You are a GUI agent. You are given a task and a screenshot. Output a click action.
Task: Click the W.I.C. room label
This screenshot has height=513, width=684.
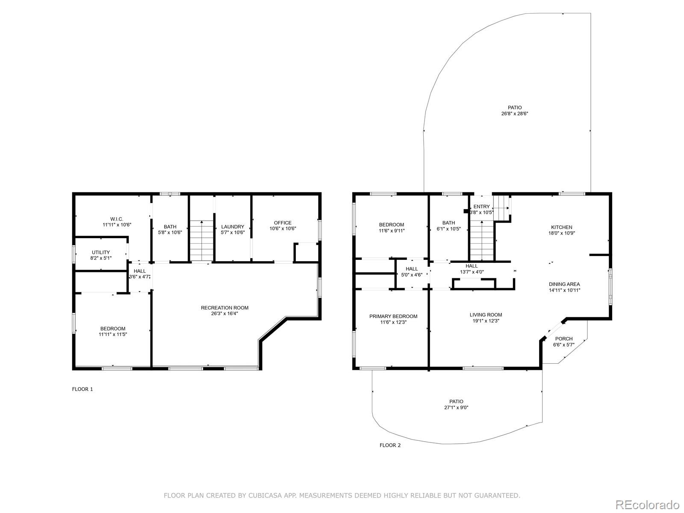(117, 219)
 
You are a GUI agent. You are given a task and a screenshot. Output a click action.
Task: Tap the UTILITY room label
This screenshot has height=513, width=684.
(100, 252)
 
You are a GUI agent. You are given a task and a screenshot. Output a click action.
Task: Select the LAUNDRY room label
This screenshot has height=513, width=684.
(233, 227)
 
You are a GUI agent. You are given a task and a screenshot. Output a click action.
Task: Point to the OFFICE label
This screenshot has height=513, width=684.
(283, 223)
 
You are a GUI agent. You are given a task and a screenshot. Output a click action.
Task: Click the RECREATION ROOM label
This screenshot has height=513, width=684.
(224, 308)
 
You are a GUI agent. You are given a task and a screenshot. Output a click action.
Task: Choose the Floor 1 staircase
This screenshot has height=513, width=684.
(202, 240)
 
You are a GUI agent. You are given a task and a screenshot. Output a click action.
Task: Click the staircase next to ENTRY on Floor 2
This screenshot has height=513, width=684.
(482, 240)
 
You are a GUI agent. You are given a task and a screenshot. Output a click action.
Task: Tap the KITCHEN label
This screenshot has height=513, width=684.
(562, 227)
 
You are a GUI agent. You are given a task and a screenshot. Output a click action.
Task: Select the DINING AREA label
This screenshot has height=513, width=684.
(564, 284)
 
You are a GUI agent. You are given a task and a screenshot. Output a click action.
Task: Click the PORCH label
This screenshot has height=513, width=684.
(564, 339)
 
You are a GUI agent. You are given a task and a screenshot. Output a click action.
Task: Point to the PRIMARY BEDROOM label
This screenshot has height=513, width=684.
(393, 316)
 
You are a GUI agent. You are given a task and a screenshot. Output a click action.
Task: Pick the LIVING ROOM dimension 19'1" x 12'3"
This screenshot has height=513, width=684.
(486, 321)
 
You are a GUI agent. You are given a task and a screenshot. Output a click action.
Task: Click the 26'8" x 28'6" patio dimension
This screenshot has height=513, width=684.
(515, 114)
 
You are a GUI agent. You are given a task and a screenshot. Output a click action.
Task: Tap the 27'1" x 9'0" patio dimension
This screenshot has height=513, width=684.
(456, 407)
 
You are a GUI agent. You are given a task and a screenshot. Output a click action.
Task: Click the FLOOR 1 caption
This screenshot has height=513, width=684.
(82, 389)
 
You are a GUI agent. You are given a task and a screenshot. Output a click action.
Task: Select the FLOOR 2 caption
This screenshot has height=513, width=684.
(390, 445)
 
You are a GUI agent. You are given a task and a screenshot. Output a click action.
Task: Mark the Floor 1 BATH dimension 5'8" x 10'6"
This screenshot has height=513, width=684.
(170, 233)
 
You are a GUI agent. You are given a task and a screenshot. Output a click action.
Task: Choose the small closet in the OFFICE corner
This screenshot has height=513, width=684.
(306, 252)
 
